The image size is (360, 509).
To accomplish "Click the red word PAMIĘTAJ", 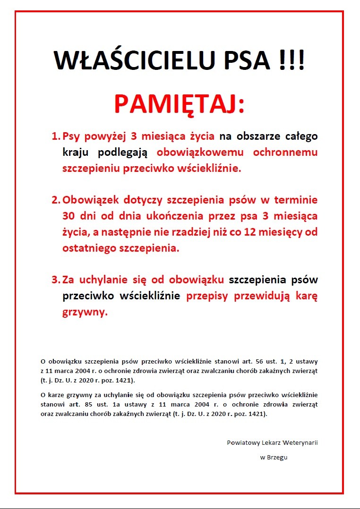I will click(x=179, y=104).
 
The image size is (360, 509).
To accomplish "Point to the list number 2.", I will click(x=55, y=200).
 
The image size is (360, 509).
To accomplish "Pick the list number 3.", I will click(x=55, y=280).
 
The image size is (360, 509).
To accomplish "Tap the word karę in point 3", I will click(x=306, y=297).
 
